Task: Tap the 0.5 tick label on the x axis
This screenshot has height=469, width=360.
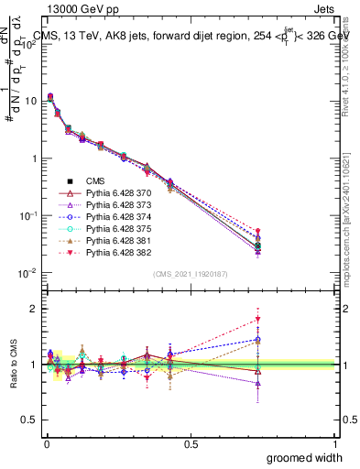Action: [x=191, y=443]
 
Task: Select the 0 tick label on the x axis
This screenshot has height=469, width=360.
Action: [x=46, y=443]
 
